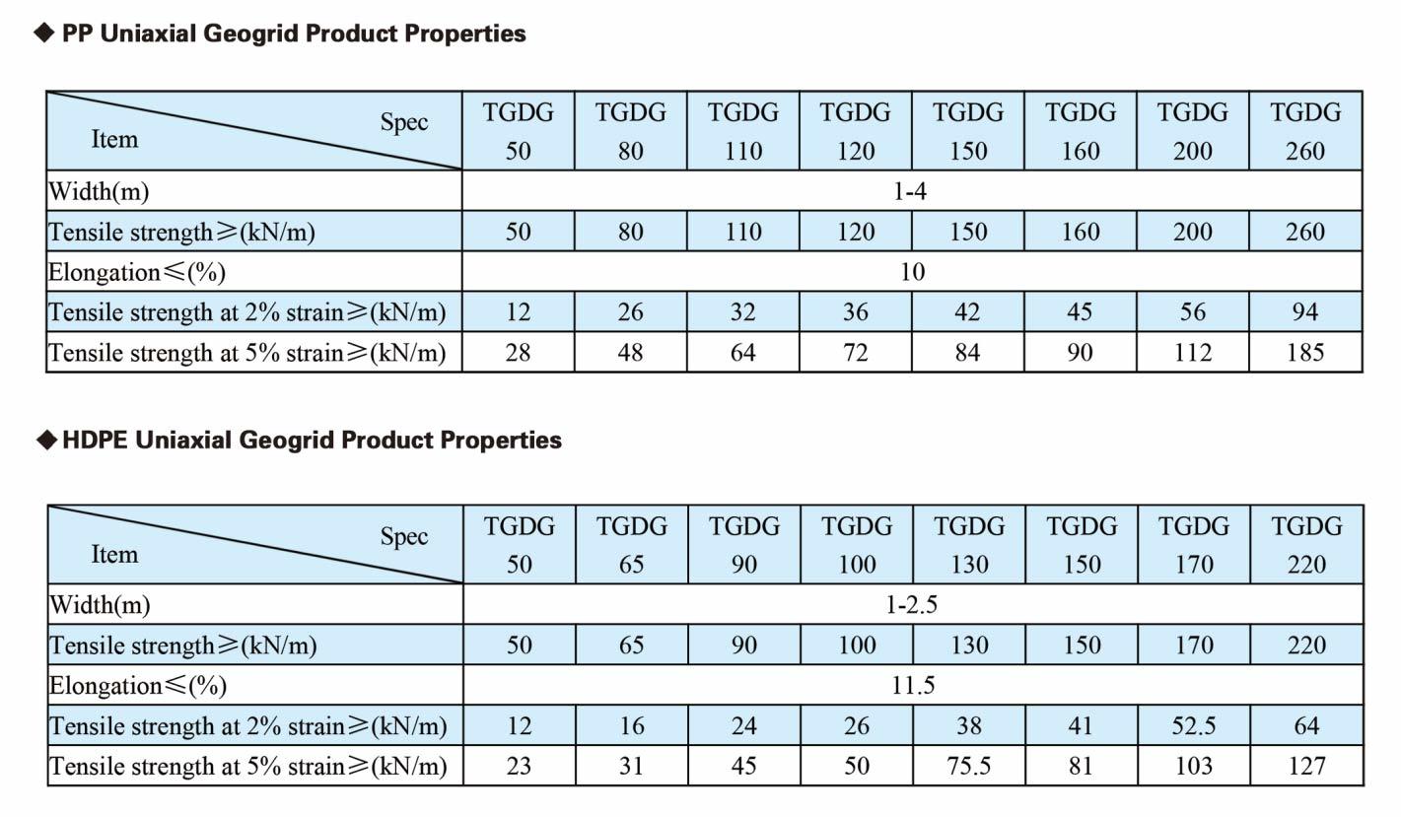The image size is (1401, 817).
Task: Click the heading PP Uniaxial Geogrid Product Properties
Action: (294, 34)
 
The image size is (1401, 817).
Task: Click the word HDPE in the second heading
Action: (95, 440)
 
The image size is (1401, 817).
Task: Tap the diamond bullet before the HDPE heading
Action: (46, 440)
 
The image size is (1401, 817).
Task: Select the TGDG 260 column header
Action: (1305, 131)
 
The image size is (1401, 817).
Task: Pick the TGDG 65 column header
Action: (631, 545)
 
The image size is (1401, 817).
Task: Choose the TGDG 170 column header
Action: (1194, 545)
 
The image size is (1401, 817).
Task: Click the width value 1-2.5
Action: (911, 604)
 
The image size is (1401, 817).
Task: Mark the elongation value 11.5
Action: (913, 685)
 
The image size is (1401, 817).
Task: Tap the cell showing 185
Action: (1305, 352)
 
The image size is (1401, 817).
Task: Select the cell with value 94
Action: (1305, 311)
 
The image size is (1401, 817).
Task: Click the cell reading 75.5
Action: (969, 766)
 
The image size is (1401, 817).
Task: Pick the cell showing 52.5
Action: (1194, 725)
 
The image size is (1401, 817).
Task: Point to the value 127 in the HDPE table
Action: (1306, 766)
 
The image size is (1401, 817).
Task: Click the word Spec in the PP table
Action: (404, 122)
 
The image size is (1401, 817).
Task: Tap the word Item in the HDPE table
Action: (114, 554)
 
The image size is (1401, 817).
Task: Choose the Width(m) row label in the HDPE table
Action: (101, 604)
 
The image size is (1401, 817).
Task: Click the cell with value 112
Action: (1193, 352)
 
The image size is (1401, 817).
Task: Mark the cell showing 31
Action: (631, 766)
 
